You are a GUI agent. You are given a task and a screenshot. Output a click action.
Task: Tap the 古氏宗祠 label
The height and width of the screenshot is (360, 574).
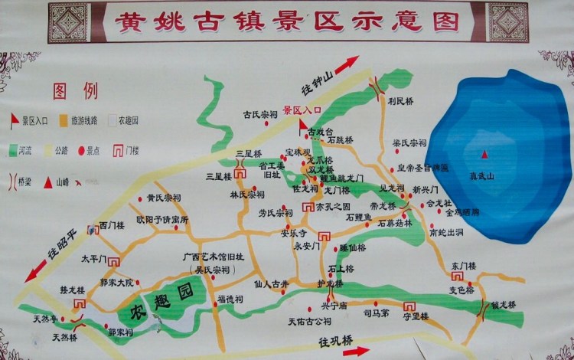coord(261,115)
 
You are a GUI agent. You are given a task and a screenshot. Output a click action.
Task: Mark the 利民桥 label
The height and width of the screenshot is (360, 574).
coord(400,100)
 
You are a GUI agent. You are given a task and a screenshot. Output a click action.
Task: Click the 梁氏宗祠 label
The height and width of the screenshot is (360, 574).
coord(409,143)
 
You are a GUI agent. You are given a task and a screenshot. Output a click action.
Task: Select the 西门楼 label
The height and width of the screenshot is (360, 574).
coord(113,226)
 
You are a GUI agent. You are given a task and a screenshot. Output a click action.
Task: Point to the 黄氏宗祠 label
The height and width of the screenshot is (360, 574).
coord(164,198)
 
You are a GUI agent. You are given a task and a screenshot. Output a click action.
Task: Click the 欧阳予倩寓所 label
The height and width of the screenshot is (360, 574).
coord(162,219)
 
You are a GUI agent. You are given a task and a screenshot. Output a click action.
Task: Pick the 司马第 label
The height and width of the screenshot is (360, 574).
coord(376,313)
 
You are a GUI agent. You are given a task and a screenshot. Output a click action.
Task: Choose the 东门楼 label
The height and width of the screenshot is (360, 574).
coord(464,265)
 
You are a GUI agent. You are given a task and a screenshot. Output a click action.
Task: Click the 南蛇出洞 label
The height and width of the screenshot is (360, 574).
coord(447,231)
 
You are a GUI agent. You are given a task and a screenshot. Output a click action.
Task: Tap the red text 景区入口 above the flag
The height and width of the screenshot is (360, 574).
coord(302,110)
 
